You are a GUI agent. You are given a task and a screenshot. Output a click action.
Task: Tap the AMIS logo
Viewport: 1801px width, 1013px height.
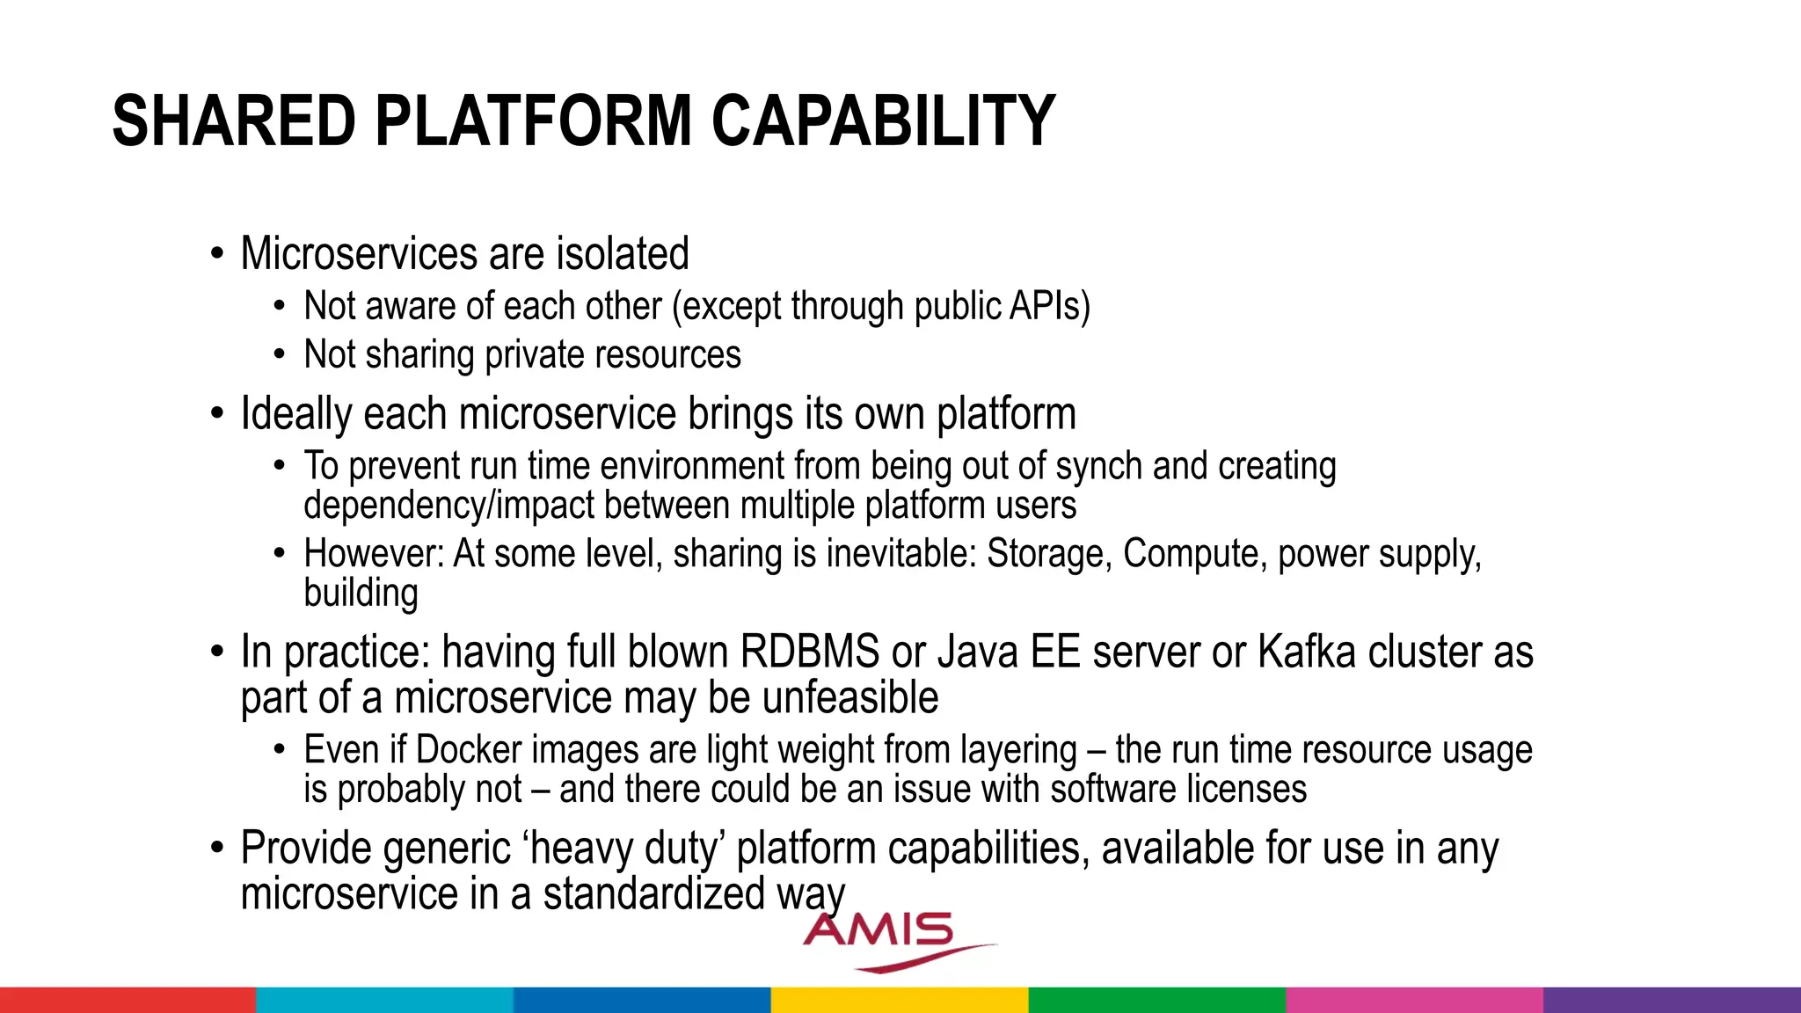pos(888,939)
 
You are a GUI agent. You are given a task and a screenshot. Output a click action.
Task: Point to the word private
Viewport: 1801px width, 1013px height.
pos(535,355)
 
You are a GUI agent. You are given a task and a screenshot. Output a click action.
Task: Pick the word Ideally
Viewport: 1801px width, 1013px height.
pos(295,414)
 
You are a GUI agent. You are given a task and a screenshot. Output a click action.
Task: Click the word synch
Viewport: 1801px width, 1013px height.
pos(1098,466)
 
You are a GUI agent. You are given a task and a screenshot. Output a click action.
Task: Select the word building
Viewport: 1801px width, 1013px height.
pos(361,594)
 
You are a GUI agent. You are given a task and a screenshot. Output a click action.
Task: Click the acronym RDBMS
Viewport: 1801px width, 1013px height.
pos(809,652)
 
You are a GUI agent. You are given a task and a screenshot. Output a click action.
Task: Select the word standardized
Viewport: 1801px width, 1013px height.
pos(653,894)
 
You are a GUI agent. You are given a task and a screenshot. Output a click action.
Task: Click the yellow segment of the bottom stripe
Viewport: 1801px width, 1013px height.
pos(900,1000)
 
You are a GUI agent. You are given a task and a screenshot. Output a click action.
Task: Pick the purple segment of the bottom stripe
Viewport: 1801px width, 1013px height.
pos(1672,1000)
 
